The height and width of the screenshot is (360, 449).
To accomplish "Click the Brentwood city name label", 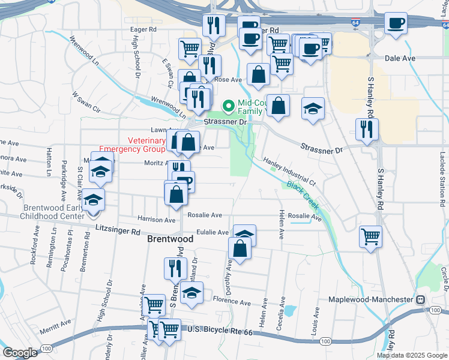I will click(x=170, y=239).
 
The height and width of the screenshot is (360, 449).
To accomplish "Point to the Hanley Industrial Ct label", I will click(x=289, y=171).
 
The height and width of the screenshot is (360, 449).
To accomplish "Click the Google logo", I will click(x=20, y=353).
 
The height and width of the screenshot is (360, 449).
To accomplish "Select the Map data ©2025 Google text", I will click(x=411, y=355).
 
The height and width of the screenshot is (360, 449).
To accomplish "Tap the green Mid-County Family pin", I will click(x=228, y=106).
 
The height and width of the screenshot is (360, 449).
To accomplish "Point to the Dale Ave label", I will click(x=400, y=58).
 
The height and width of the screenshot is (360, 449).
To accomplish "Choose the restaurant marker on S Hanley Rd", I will click(x=366, y=128).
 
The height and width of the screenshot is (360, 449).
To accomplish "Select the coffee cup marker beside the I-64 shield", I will click(x=396, y=23).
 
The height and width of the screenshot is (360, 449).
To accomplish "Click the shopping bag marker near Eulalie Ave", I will click(x=240, y=247).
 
